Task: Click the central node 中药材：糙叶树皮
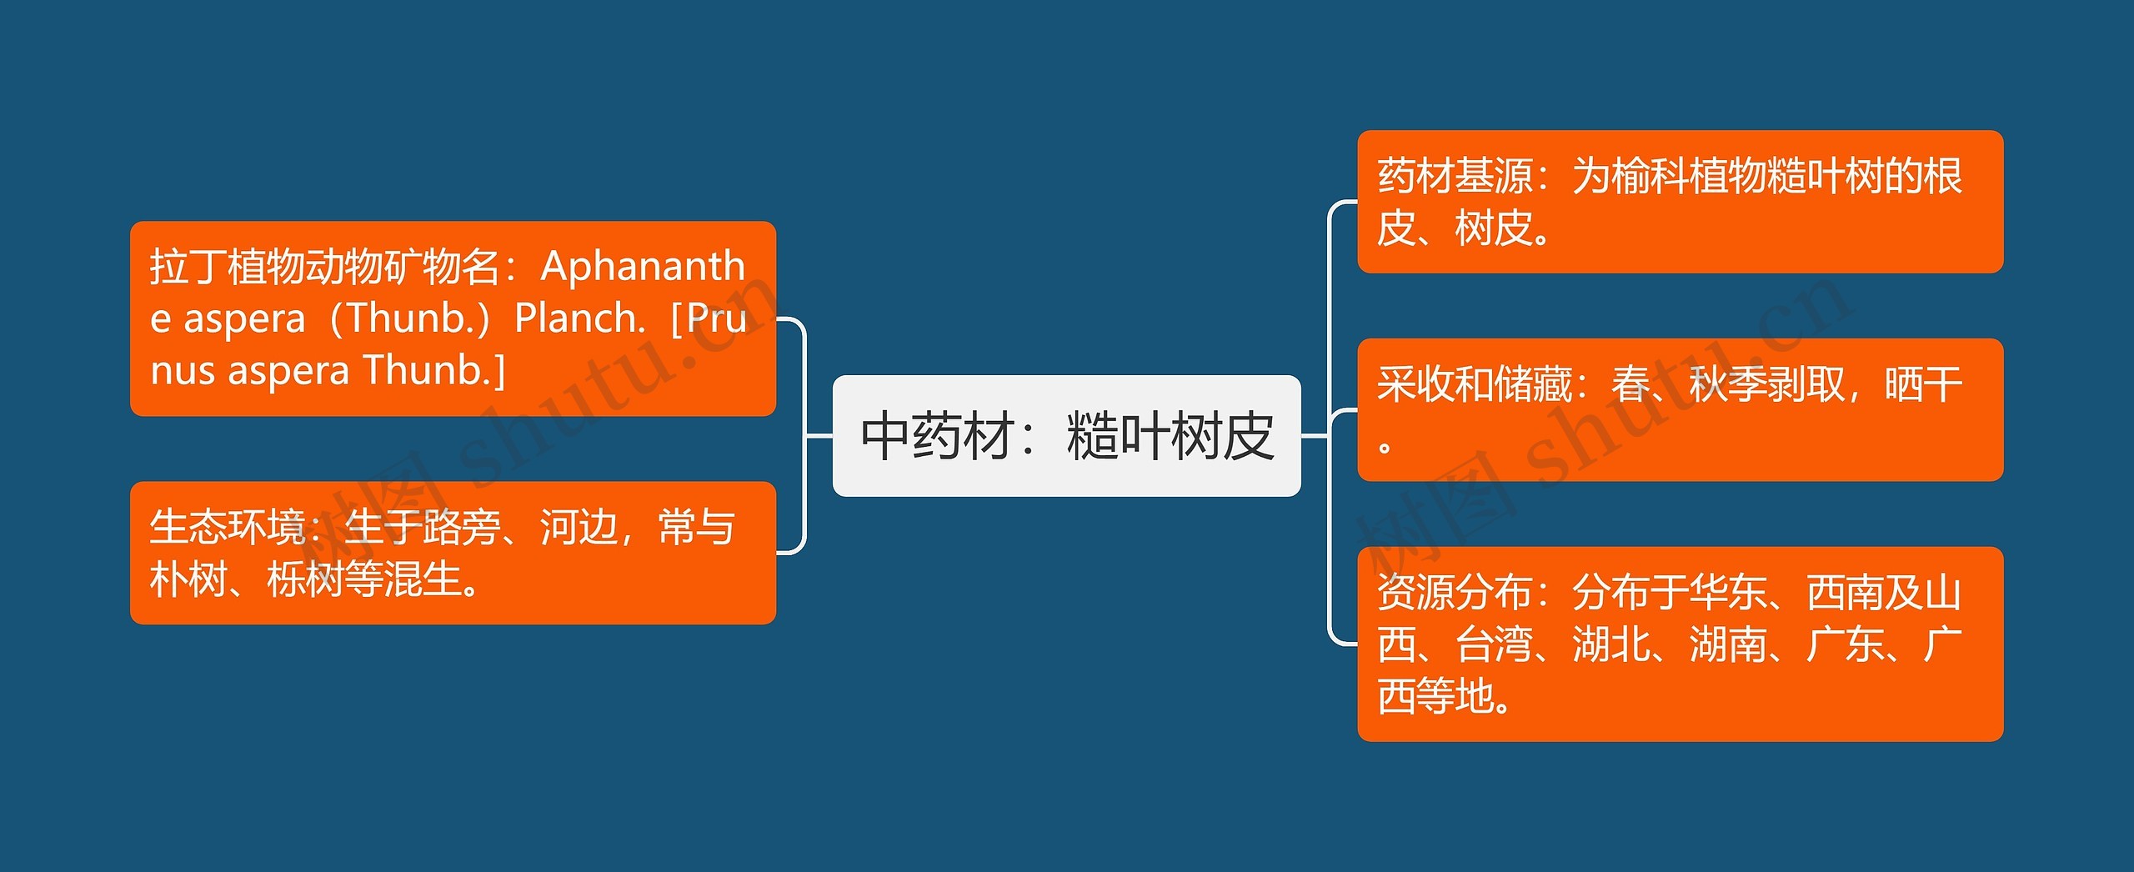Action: tap(1066, 436)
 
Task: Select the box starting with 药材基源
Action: tap(1680, 202)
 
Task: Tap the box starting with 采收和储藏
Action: tap(1680, 409)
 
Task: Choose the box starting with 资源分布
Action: tap(1680, 644)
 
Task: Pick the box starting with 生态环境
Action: tap(453, 553)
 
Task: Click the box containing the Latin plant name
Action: tap(453, 318)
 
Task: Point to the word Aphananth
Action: tap(643, 267)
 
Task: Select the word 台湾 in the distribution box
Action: tap(1494, 644)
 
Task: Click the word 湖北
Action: tap(1611, 644)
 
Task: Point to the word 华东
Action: tap(1728, 593)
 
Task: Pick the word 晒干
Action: tap(1923, 384)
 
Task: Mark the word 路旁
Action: tap(461, 527)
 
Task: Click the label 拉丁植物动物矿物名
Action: tap(324, 267)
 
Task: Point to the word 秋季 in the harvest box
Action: tap(1727, 384)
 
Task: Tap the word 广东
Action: tap(1845, 644)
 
